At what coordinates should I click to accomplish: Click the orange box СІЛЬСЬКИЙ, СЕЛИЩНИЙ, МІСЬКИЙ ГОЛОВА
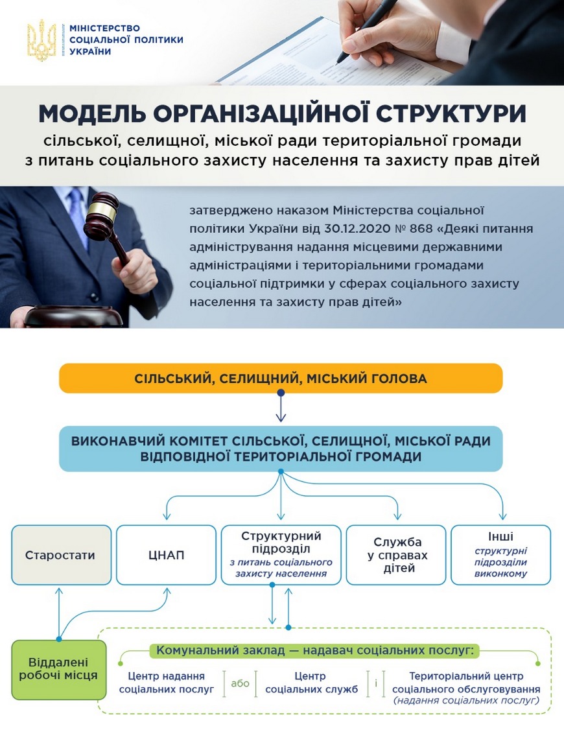[x=281, y=379]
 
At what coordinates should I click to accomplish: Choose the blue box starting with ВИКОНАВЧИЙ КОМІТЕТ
[x=281, y=449]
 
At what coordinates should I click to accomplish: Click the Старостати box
[x=61, y=555]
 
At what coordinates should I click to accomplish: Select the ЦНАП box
[x=166, y=555]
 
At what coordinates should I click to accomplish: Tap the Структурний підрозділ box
[x=281, y=555]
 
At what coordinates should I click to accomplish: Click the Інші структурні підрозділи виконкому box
[x=500, y=555]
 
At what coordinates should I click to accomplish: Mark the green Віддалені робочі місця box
[x=58, y=670]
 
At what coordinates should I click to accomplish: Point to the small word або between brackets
[x=240, y=683]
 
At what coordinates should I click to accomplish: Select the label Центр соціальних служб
[x=311, y=683]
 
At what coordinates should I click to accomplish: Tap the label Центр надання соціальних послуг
[x=167, y=683]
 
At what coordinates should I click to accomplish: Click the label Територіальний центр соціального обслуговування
[x=466, y=683]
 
